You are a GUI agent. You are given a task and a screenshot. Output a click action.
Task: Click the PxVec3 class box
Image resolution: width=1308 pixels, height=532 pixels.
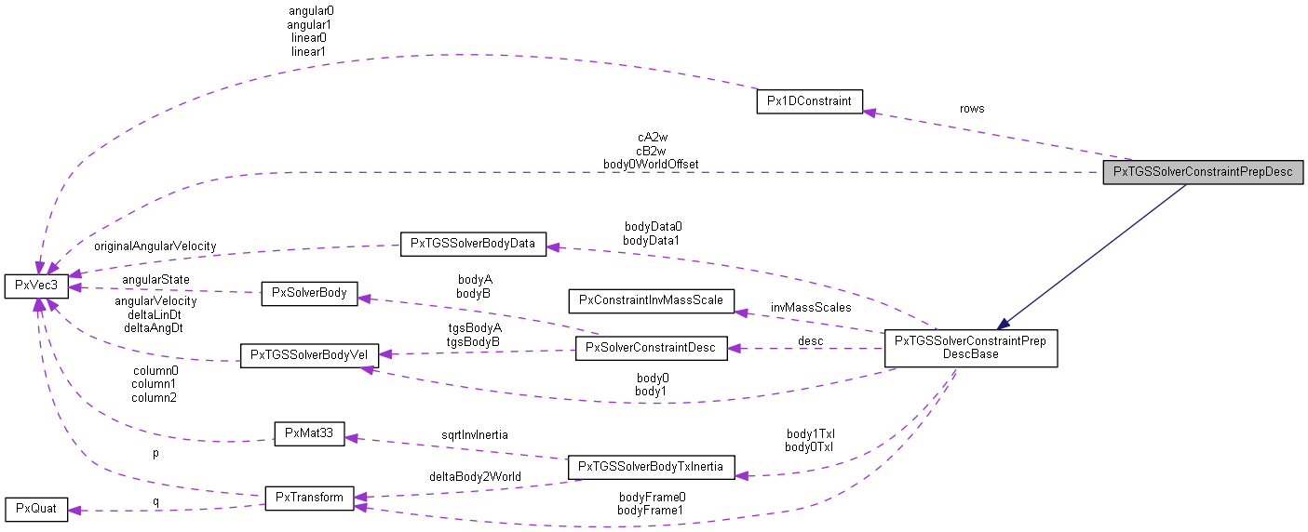coord(36,286)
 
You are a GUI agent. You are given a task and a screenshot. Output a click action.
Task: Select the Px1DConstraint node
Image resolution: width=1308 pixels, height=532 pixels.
coord(809,101)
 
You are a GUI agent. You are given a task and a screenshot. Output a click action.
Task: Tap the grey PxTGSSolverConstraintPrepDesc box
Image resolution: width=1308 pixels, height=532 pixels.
coord(1202,172)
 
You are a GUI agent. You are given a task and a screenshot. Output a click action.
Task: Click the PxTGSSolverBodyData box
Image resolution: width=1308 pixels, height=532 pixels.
coord(472,245)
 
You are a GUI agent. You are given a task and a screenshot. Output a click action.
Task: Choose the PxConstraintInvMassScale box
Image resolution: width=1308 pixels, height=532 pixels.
coord(651,300)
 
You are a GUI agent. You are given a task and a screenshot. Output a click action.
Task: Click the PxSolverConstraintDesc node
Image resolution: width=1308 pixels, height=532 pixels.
coord(651,349)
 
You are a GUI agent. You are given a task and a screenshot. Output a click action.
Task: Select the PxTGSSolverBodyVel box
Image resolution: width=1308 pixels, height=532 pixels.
coord(308,356)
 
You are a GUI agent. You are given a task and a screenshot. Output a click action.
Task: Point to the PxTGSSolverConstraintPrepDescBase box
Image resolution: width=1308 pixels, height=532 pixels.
coord(970,348)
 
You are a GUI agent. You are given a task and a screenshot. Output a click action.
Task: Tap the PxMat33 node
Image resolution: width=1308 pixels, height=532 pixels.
coord(308,433)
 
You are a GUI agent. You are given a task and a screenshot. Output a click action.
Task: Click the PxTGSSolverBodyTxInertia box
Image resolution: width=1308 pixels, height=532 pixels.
coord(651,466)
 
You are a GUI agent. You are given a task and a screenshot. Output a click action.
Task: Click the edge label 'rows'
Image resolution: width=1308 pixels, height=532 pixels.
coord(972,108)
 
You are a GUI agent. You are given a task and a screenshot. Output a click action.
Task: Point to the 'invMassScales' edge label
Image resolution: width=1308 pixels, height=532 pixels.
coord(810,307)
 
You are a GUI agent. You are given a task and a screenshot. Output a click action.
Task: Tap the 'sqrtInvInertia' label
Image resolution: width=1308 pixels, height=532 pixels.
coord(476,433)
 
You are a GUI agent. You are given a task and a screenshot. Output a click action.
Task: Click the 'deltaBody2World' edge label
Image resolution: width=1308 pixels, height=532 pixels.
coord(475,476)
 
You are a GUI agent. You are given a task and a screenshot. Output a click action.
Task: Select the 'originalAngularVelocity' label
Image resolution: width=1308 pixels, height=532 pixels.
coord(155,246)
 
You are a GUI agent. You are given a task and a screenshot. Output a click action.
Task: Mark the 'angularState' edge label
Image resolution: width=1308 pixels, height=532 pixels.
coord(155,279)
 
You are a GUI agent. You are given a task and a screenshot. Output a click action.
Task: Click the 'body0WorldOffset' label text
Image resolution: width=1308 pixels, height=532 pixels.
coord(651,164)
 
